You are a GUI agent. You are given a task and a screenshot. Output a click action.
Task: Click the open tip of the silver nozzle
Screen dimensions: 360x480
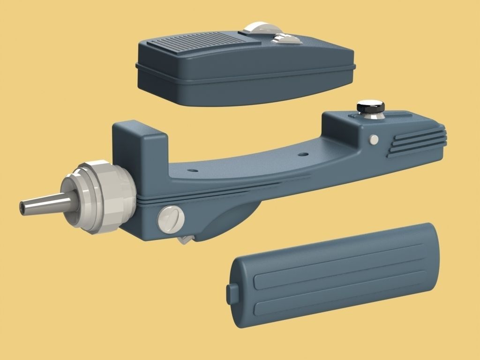(x=22, y=206)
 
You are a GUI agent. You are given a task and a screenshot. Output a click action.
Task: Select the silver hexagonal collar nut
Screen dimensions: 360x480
(x=101, y=197)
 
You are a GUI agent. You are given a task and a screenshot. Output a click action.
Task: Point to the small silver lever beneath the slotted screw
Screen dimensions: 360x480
(x=185, y=240)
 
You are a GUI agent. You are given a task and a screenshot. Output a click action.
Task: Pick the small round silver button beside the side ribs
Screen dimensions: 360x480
(x=374, y=139)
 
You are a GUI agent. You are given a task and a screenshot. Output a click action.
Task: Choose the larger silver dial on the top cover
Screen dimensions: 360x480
(x=255, y=28)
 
